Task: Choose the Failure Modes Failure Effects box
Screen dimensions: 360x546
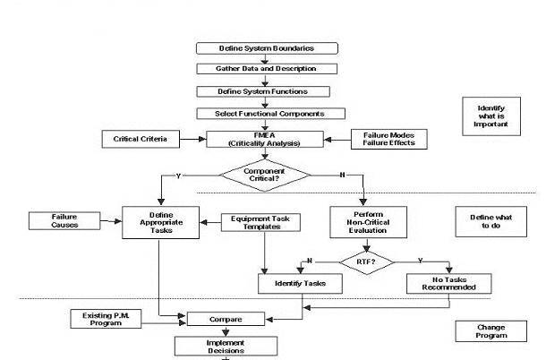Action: coord(382,139)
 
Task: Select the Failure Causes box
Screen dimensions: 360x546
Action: coord(64,220)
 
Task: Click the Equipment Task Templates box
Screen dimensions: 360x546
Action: coord(260,221)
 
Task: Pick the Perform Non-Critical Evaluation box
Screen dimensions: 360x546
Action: coord(369,221)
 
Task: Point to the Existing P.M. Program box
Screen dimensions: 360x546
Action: coord(106,318)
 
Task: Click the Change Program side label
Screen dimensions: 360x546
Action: coord(491,330)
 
